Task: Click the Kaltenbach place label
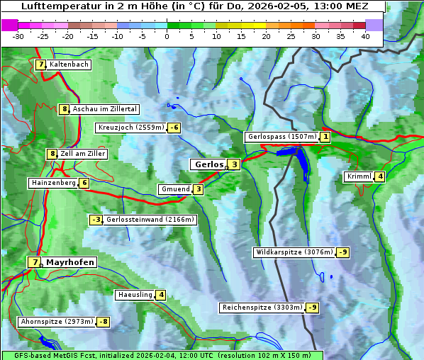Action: (69, 64)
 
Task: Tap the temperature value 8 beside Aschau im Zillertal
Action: (64, 109)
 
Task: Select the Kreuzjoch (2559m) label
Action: (130, 128)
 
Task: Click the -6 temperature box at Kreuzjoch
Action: (174, 128)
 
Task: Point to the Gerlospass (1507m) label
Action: (281, 137)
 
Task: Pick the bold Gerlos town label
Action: (208, 164)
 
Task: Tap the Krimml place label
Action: (359, 176)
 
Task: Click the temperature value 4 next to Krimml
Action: (381, 176)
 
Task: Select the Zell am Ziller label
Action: (83, 154)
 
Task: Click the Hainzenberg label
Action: (52, 183)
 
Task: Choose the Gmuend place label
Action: (175, 189)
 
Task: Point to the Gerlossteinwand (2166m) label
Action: (150, 220)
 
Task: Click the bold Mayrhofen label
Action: (70, 262)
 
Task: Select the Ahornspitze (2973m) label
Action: (57, 322)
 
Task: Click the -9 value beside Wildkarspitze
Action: (343, 252)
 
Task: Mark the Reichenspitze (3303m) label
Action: (262, 308)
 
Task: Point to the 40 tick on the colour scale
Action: (365, 36)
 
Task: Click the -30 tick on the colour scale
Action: (18, 36)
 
